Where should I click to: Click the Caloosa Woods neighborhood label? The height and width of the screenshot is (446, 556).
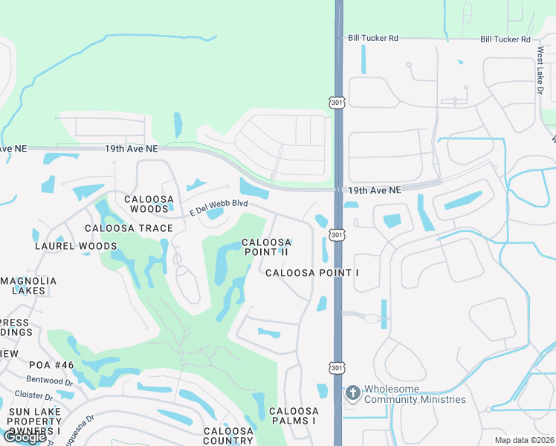(149, 204)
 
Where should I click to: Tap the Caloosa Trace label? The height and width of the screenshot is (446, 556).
(129, 228)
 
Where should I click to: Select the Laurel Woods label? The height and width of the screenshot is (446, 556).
(75, 246)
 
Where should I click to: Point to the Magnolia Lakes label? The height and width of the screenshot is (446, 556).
(30, 286)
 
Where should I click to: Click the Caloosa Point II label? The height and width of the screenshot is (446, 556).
(266, 248)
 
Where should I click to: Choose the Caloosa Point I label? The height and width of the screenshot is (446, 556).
(312, 273)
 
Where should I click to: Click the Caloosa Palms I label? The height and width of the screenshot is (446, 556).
(294, 416)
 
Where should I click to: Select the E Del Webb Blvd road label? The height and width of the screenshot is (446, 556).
(219, 206)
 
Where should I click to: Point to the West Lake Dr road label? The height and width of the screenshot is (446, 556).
(540, 71)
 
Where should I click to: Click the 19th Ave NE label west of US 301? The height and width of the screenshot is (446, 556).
(131, 149)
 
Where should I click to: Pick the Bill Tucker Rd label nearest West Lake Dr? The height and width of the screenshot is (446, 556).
(505, 39)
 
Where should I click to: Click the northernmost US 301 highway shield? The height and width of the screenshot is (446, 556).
(337, 101)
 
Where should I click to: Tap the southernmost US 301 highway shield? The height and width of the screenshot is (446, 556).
(337, 366)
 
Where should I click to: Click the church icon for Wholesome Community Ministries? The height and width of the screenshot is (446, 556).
(353, 392)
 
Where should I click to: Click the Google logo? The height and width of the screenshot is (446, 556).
(24, 437)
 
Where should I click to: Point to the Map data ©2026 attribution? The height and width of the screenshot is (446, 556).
(525, 440)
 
